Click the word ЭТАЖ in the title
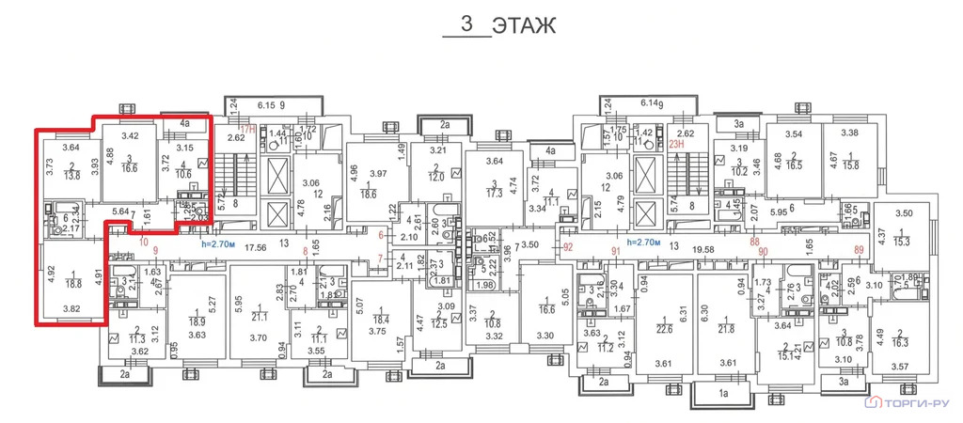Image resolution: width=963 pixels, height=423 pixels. (x=525, y=24)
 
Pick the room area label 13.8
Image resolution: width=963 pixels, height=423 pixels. (x=72, y=175)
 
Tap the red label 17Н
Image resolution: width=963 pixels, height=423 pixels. (x=246, y=130)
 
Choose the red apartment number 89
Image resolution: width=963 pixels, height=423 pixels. (x=858, y=249)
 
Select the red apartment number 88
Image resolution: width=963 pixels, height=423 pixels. (x=754, y=242)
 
